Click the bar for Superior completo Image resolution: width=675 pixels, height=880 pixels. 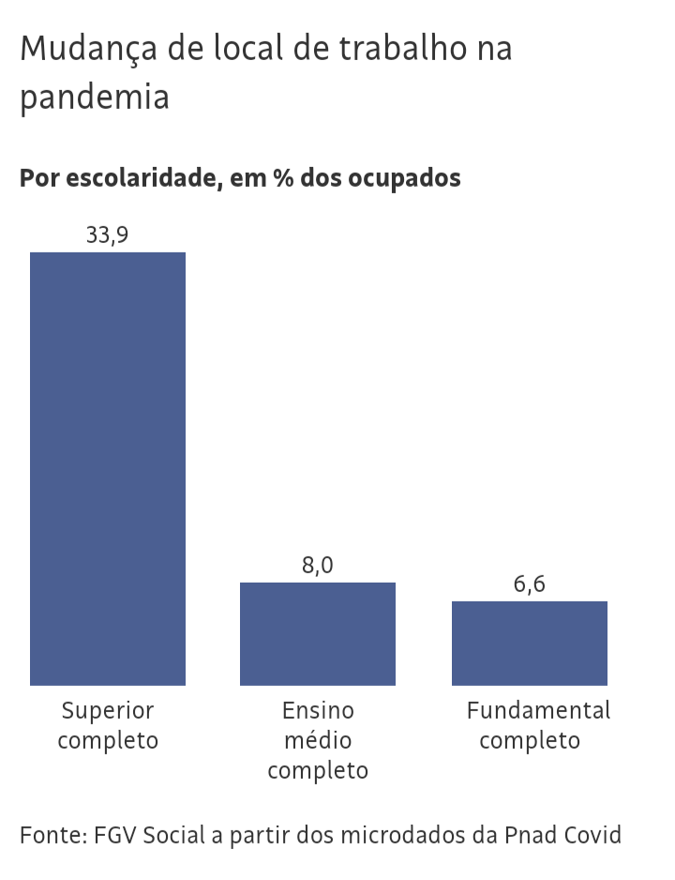pyautogui.click(x=108, y=469)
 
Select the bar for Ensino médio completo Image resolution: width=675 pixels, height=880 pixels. pyautogui.click(x=318, y=634)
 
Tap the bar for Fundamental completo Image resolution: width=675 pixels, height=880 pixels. pyautogui.click(x=530, y=644)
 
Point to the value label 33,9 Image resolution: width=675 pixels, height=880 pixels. pyautogui.click(x=107, y=235)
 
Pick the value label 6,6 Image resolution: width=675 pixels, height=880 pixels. pyautogui.click(x=530, y=584)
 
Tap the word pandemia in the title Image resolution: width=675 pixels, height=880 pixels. pyautogui.click(x=95, y=98)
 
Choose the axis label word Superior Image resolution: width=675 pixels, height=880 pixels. pyautogui.click(x=107, y=710)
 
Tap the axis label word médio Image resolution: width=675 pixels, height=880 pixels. pyautogui.click(x=318, y=740)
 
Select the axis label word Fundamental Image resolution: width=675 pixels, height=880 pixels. pyautogui.click(x=538, y=710)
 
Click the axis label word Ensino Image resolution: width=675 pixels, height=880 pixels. pyautogui.click(x=318, y=710)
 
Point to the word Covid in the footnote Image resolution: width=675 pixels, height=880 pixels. pyautogui.click(x=591, y=835)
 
